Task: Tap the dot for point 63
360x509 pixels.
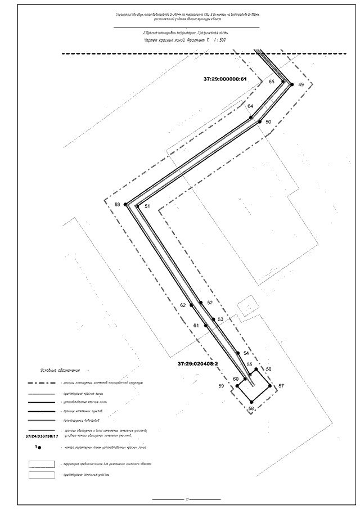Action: click(x=126, y=204)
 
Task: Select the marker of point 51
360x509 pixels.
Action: click(x=137, y=206)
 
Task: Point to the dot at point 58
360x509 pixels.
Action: click(x=251, y=401)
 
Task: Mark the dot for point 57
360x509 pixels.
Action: click(x=270, y=386)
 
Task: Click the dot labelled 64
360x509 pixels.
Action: click(x=251, y=118)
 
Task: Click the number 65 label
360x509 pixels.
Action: click(x=272, y=82)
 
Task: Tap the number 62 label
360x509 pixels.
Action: click(x=183, y=305)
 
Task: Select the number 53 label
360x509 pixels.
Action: click(x=220, y=319)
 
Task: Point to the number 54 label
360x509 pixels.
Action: click(x=246, y=353)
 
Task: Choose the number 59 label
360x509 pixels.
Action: click(x=222, y=386)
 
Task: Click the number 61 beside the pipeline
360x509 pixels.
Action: click(x=196, y=326)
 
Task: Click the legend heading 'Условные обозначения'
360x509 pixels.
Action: click(x=61, y=371)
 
